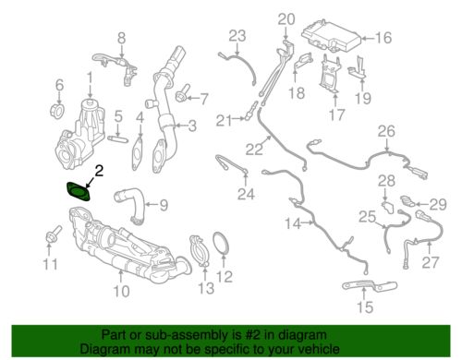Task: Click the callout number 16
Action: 383,38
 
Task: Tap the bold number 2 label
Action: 98,170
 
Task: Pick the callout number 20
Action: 286,18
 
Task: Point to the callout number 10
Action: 121,293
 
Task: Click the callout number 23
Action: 237,36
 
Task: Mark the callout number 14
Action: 292,224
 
